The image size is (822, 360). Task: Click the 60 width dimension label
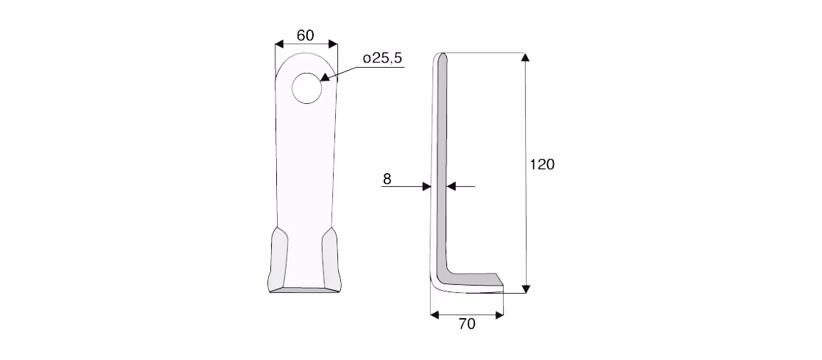click(305, 35)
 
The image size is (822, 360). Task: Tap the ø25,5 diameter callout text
click(383, 58)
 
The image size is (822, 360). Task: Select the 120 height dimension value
click(542, 165)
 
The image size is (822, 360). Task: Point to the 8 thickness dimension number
click(387, 179)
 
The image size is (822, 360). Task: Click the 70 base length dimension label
click(466, 325)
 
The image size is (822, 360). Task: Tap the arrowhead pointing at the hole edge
click(324, 77)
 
